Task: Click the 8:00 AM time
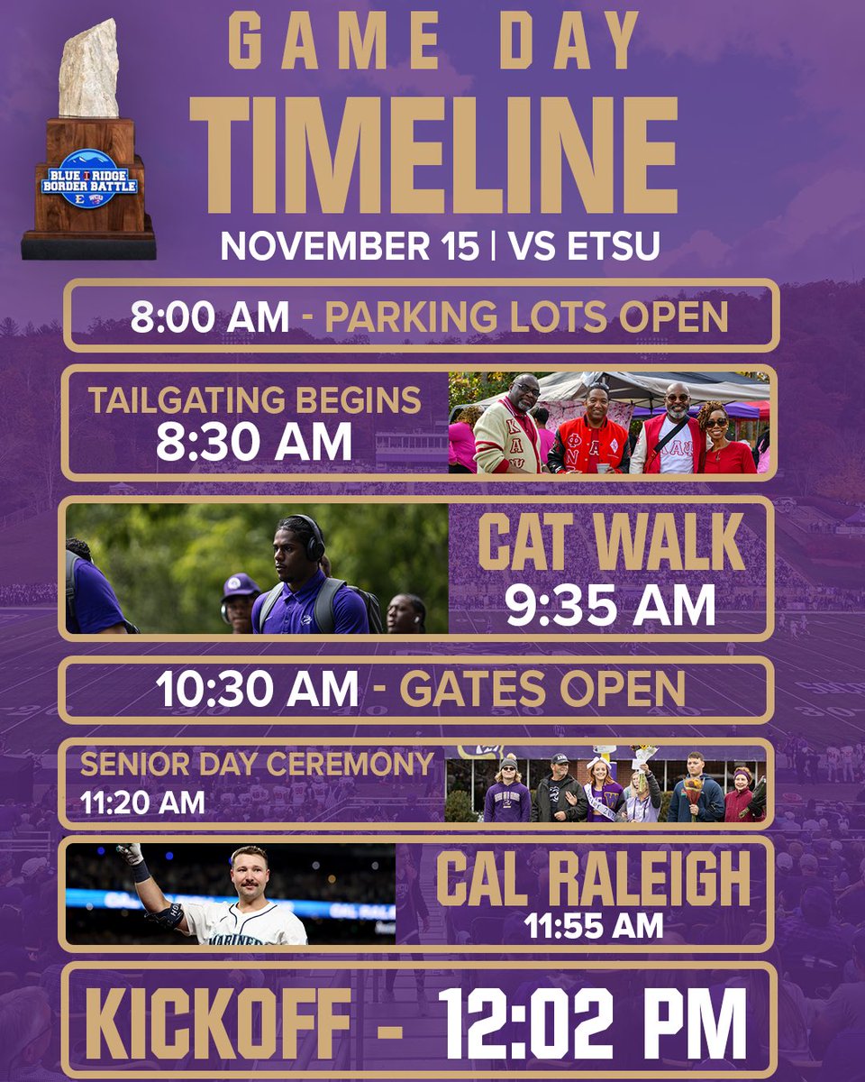tap(210, 316)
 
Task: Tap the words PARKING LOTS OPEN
tap(526, 316)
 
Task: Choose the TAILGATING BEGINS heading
tap(255, 399)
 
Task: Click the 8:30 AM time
tap(254, 442)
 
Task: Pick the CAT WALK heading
tap(611, 543)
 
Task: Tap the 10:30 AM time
tap(257, 690)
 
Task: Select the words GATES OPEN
tap(542, 690)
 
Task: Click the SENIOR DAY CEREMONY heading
tap(257, 765)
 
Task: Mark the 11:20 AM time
tap(141, 801)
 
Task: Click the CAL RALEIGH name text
tap(593, 880)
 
